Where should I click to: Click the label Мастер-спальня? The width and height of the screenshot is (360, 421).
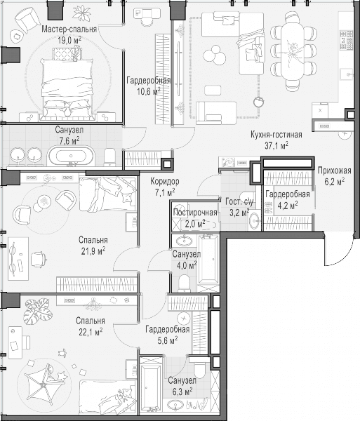(69, 29)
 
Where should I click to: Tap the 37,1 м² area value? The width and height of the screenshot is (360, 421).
(276, 145)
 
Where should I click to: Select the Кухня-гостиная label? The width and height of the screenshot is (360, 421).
(276, 135)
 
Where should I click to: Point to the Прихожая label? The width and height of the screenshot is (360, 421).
(334, 171)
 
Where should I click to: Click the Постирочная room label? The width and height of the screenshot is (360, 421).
(195, 213)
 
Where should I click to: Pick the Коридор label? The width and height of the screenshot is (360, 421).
(165, 181)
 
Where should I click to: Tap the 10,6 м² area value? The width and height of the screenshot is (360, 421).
(149, 91)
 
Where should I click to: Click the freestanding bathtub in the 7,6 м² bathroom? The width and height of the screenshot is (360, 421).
(71, 156)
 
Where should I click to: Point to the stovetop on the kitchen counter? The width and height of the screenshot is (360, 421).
(346, 40)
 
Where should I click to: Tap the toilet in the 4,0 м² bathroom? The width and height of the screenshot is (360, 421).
(184, 283)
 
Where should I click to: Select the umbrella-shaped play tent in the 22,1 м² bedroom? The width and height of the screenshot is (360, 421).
(43, 385)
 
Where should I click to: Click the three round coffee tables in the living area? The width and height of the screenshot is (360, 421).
(215, 55)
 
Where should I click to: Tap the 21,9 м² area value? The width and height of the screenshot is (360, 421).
(93, 251)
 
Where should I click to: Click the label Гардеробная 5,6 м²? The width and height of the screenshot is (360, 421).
(168, 335)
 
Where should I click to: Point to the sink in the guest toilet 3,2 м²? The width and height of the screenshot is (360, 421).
(254, 221)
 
